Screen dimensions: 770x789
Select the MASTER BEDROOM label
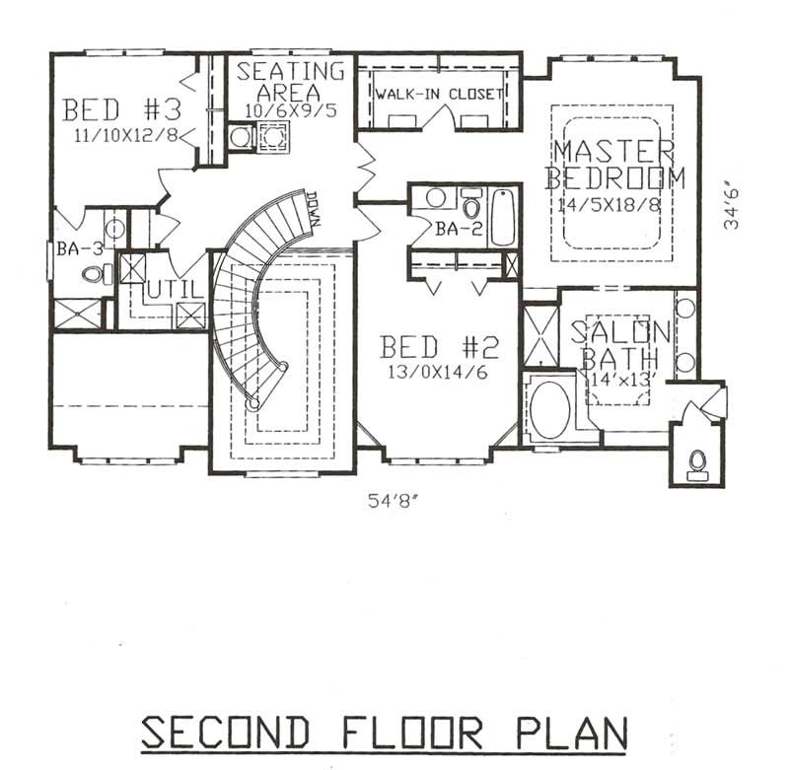pos(614,165)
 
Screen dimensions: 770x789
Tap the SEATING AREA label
pos(291,81)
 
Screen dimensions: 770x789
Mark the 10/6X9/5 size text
pos(291,110)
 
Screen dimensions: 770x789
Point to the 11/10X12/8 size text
pos(125,134)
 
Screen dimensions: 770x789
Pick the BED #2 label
pos(440,347)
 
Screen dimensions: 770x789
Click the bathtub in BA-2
pos(502,217)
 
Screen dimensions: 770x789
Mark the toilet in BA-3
pos(95,274)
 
